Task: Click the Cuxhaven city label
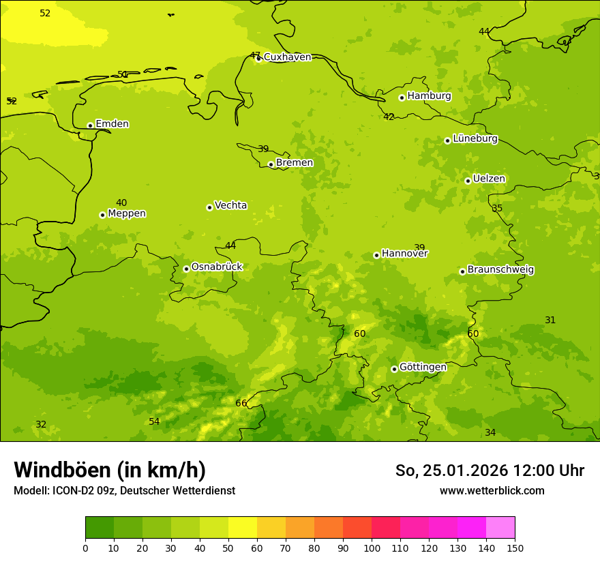(287, 57)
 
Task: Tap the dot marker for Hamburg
(402, 98)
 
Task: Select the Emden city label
(112, 124)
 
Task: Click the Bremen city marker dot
(271, 164)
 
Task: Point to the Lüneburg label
(475, 139)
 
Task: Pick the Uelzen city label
(489, 179)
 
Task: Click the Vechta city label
(230, 205)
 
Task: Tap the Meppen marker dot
(102, 215)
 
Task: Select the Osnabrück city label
(216, 267)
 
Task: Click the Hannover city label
(404, 254)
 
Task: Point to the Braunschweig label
(500, 270)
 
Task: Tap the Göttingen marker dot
(394, 369)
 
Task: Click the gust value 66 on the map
(241, 403)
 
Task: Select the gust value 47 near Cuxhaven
(255, 55)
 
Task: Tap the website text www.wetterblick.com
(492, 490)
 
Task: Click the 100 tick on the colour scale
(372, 548)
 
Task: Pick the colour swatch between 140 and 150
(500, 527)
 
